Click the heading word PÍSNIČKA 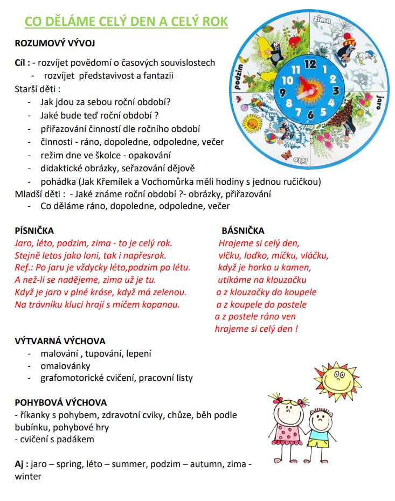pyautogui.click(x=34, y=231)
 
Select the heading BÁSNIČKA pyautogui.click(x=243, y=231)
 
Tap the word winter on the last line pyautogui.click(x=28, y=476)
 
